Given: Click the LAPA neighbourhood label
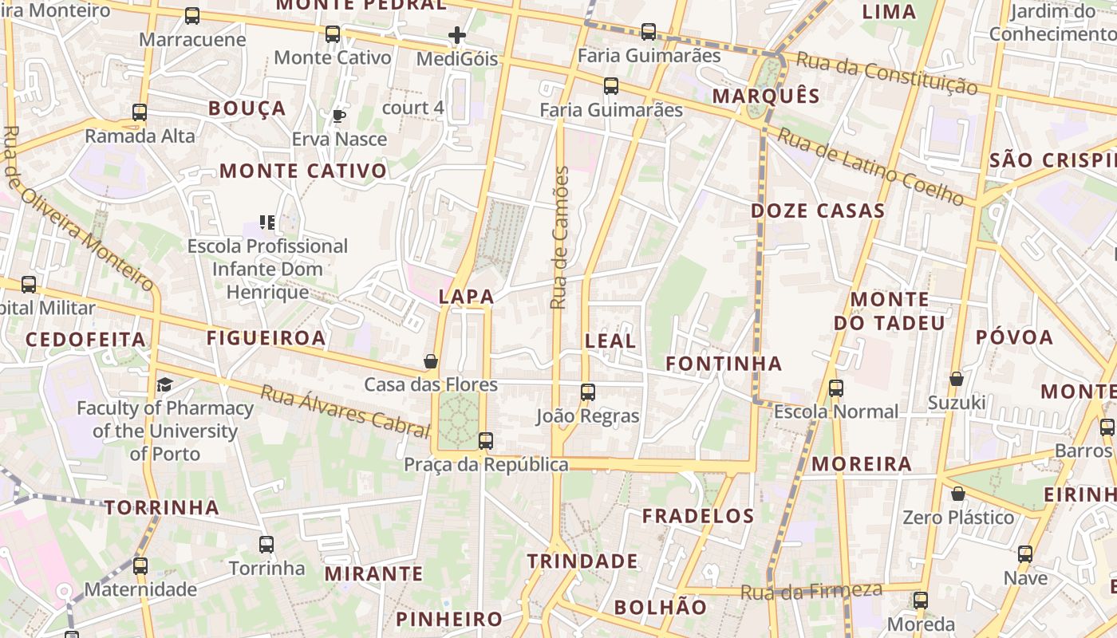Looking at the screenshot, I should click(467, 297).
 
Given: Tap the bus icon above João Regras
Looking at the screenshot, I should click(588, 392).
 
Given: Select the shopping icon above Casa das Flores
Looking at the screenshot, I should click(431, 361).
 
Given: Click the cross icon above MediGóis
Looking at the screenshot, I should click(457, 35).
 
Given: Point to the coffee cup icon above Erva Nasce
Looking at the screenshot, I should click(339, 116).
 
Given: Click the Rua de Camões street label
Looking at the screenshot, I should click(560, 237).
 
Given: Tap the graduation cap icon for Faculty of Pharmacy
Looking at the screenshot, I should click(164, 385).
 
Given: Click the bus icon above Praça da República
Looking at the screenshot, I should click(485, 440).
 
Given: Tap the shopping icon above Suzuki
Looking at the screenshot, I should click(956, 379).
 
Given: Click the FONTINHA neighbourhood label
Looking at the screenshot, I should click(724, 364).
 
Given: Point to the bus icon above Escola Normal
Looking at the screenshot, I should click(835, 388).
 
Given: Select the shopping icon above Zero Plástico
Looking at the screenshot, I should click(958, 494).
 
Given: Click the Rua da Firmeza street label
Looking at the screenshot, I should click(811, 592).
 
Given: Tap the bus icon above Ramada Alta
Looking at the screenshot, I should click(140, 112).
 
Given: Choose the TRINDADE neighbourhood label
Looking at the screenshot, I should click(582, 561).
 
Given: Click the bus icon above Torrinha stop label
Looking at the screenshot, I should click(266, 545).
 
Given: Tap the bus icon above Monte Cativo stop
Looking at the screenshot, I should click(333, 34).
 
